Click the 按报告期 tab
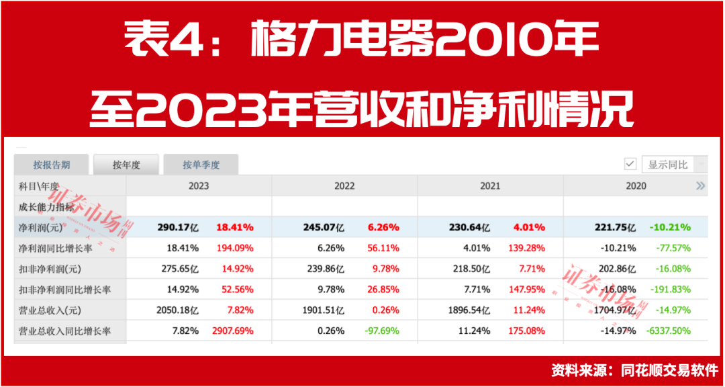tap(52, 165)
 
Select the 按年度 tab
tap(126, 165)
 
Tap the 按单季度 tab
tap(201, 165)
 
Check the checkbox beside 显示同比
tap(630, 164)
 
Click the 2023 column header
tap(199, 186)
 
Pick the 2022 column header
tap(344, 186)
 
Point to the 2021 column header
tap(490, 186)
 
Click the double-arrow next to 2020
tap(700, 186)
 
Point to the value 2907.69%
tap(230, 331)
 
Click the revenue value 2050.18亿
tap(176, 310)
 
